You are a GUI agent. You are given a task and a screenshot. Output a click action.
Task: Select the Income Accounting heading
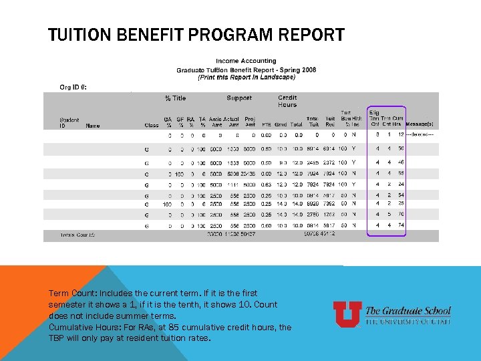(x=246, y=62)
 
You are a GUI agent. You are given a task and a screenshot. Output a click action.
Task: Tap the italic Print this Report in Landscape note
(x=246, y=77)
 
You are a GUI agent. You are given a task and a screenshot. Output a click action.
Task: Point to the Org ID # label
(x=73, y=87)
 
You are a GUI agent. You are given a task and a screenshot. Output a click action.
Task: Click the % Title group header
(x=176, y=98)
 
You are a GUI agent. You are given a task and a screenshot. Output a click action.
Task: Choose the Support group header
(x=239, y=98)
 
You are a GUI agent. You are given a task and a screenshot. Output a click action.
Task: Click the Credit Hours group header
(x=287, y=102)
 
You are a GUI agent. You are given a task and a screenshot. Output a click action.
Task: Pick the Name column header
(x=93, y=125)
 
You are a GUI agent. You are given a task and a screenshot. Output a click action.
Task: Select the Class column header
(x=152, y=125)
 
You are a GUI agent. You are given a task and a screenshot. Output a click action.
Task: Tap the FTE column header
(x=266, y=125)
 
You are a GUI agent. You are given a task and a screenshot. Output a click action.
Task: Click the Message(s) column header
(x=420, y=124)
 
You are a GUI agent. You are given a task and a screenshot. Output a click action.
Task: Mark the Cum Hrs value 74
(x=402, y=226)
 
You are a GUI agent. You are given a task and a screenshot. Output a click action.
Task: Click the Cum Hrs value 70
(x=402, y=215)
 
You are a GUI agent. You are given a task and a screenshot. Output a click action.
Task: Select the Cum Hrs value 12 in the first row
(x=401, y=134)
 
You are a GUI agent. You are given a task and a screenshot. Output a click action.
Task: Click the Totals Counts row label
(x=77, y=235)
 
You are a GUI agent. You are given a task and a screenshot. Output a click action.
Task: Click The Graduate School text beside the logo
(x=408, y=312)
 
